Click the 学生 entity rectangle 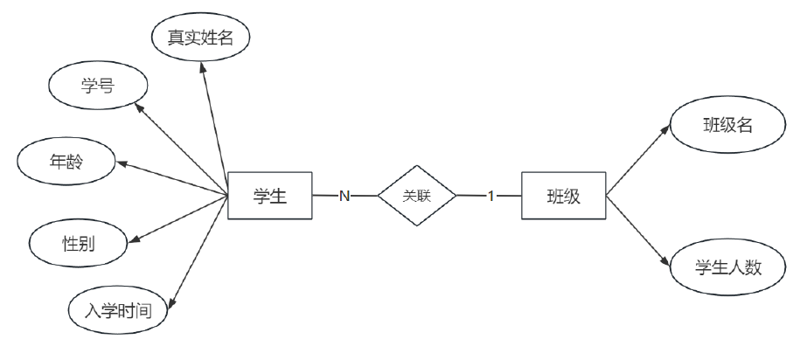tap(269, 196)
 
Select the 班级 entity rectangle tap(563, 196)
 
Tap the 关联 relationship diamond tap(417, 196)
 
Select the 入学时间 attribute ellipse tap(117, 308)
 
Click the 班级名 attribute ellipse tap(727, 125)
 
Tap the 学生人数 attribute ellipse tap(727, 268)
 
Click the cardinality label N tap(344, 196)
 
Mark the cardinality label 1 tap(490, 196)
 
